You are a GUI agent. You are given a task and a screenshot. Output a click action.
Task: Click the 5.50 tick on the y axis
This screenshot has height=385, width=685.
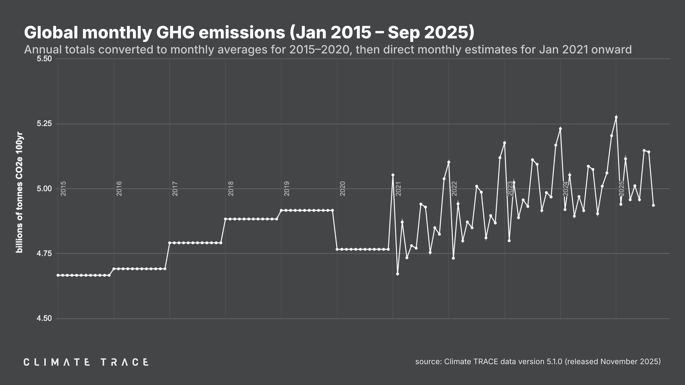coord(44,59)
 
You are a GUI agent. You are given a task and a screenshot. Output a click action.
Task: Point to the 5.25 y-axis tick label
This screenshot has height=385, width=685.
coord(44,124)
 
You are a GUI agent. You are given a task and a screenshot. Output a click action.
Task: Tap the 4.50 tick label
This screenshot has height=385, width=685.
coord(44,318)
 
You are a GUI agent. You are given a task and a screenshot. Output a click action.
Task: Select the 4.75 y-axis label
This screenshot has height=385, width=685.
coord(44,253)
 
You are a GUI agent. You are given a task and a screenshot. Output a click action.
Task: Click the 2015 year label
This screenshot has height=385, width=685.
coord(63,189)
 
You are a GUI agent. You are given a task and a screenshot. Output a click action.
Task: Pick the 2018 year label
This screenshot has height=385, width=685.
coord(231,189)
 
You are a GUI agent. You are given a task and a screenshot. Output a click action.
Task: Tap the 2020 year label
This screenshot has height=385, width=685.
coord(342,189)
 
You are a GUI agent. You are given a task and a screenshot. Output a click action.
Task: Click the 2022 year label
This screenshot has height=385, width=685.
coord(454,189)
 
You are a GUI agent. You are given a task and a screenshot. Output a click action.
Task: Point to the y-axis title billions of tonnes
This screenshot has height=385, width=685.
coord(19,192)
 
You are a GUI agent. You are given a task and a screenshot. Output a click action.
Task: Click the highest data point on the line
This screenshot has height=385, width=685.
coord(616,117)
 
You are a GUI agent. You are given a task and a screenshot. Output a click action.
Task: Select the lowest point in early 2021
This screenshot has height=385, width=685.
coord(398,274)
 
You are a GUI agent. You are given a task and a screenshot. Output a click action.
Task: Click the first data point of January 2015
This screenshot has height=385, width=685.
coord(58,275)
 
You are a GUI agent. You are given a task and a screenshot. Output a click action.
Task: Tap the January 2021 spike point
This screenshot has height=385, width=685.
coord(393,175)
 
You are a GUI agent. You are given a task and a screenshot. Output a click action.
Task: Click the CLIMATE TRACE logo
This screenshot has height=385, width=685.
coord(86,362)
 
